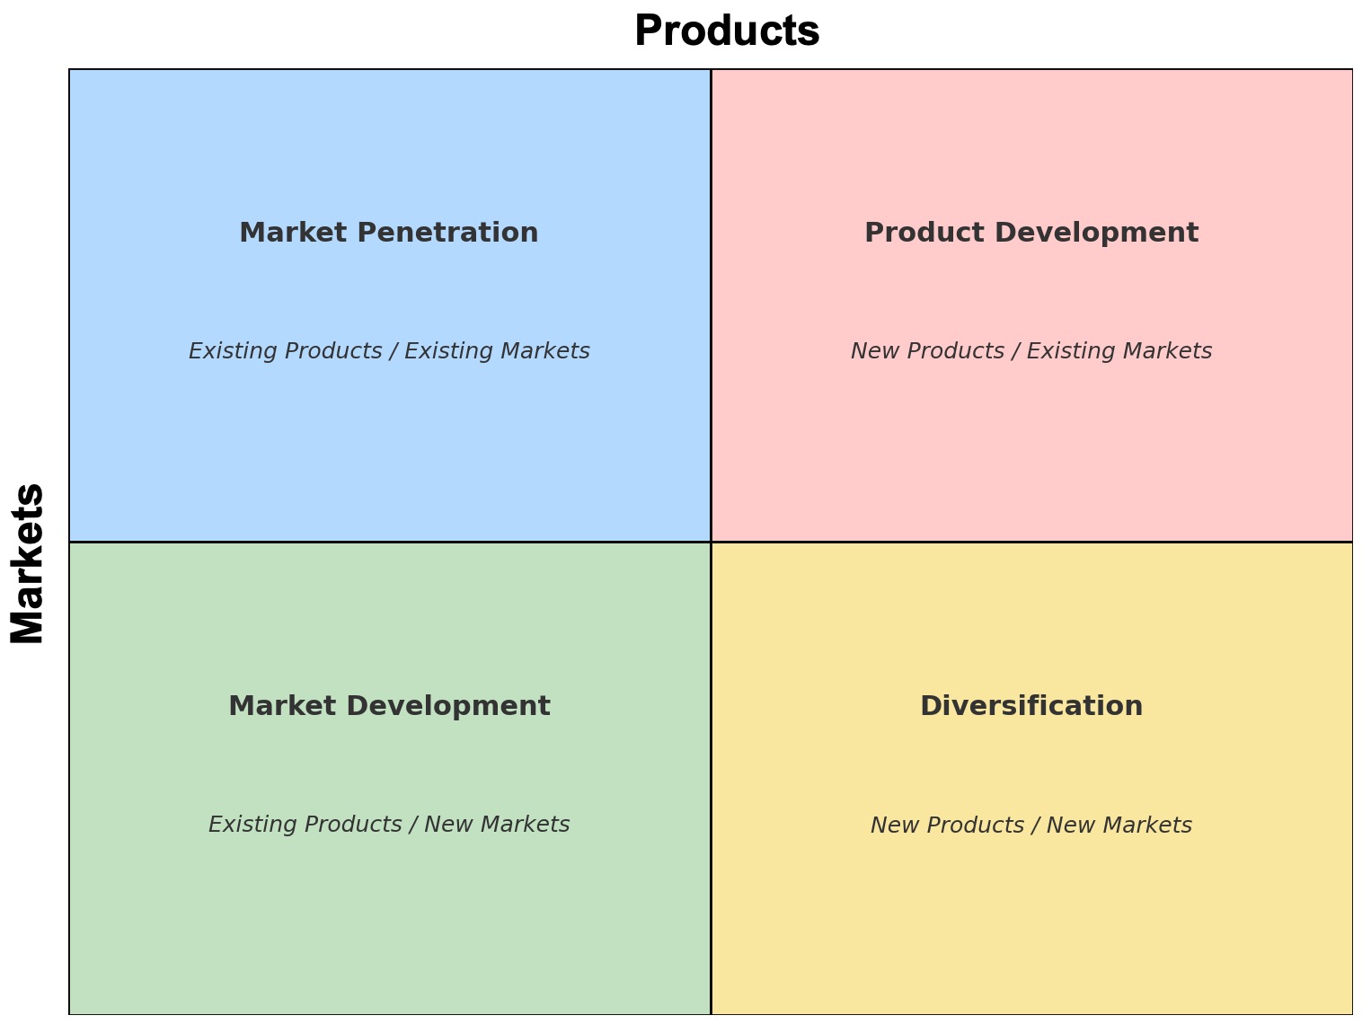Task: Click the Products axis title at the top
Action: pos(727,31)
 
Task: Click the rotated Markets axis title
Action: pos(27,563)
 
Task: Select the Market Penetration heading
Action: pos(388,233)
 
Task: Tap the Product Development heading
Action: pos(1031,233)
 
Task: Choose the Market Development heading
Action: pos(389,706)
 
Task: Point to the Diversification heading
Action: pos(1031,706)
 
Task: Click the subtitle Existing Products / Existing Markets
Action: pos(389,351)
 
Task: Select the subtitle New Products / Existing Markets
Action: pos(1031,351)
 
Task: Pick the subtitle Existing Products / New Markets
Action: pos(389,825)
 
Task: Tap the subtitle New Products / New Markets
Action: pos(1031,825)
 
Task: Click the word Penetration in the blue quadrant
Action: pos(447,233)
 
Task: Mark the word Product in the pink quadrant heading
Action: pos(924,233)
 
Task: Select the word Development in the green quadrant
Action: pos(447,706)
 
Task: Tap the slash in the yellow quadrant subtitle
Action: pos(1036,825)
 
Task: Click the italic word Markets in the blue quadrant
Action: pos(544,351)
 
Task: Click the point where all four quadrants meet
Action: pos(711,542)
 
